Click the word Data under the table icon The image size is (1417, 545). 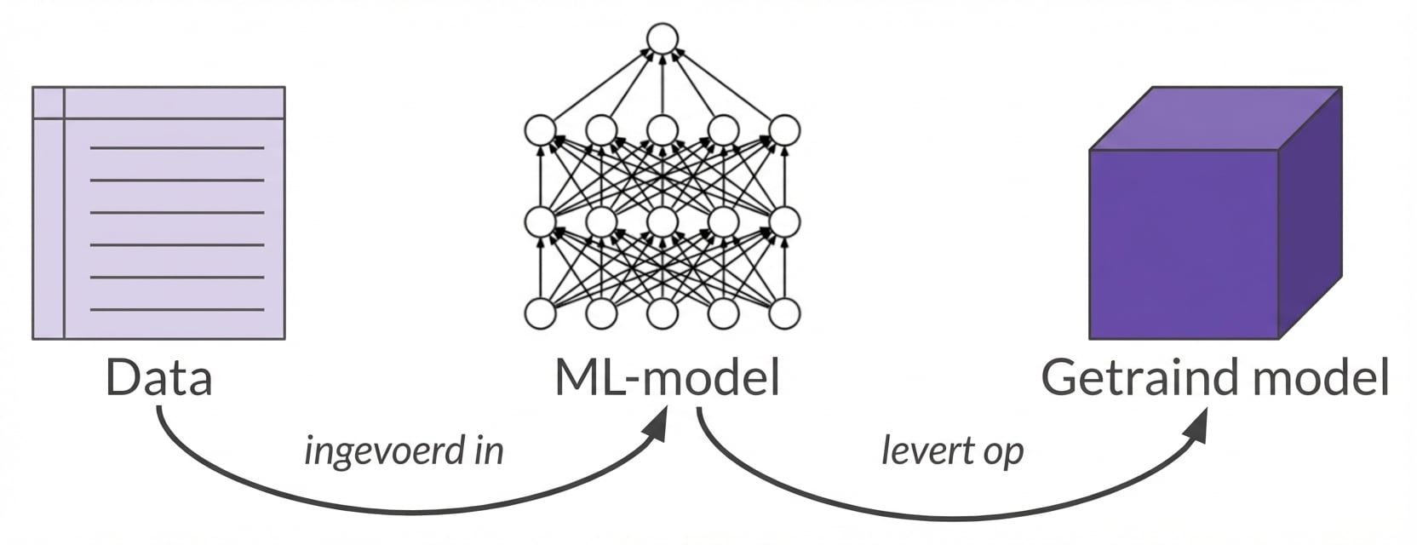click(x=158, y=377)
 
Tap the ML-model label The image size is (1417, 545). click(x=667, y=377)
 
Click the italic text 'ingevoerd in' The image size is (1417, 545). click(x=404, y=450)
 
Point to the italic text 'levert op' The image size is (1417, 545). click(x=952, y=450)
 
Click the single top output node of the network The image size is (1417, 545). click(x=662, y=39)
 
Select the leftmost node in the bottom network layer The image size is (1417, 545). click(x=540, y=313)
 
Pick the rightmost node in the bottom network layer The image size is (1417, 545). click(x=784, y=313)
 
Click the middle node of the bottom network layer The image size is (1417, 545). click(x=662, y=313)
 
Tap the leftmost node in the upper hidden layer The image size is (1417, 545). click(x=540, y=130)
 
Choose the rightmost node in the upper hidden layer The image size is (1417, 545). click(x=784, y=130)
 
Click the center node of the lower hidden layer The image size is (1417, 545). click(x=662, y=221)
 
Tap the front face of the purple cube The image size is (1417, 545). click(x=1184, y=244)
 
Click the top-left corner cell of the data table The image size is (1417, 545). click(x=49, y=102)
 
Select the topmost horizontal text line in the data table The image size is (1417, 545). click(x=177, y=148)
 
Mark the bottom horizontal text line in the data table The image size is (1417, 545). click(x=177, y=309)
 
